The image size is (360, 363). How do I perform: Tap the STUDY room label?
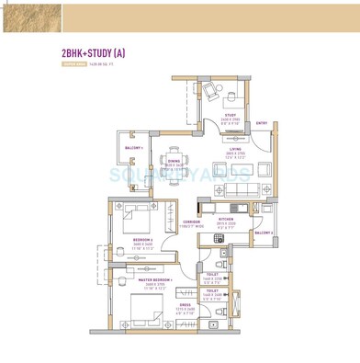231,115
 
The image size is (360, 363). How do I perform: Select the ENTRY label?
262,122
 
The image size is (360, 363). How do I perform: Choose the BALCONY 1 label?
133,147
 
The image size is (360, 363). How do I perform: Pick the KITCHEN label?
226,219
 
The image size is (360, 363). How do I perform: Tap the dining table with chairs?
174,144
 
